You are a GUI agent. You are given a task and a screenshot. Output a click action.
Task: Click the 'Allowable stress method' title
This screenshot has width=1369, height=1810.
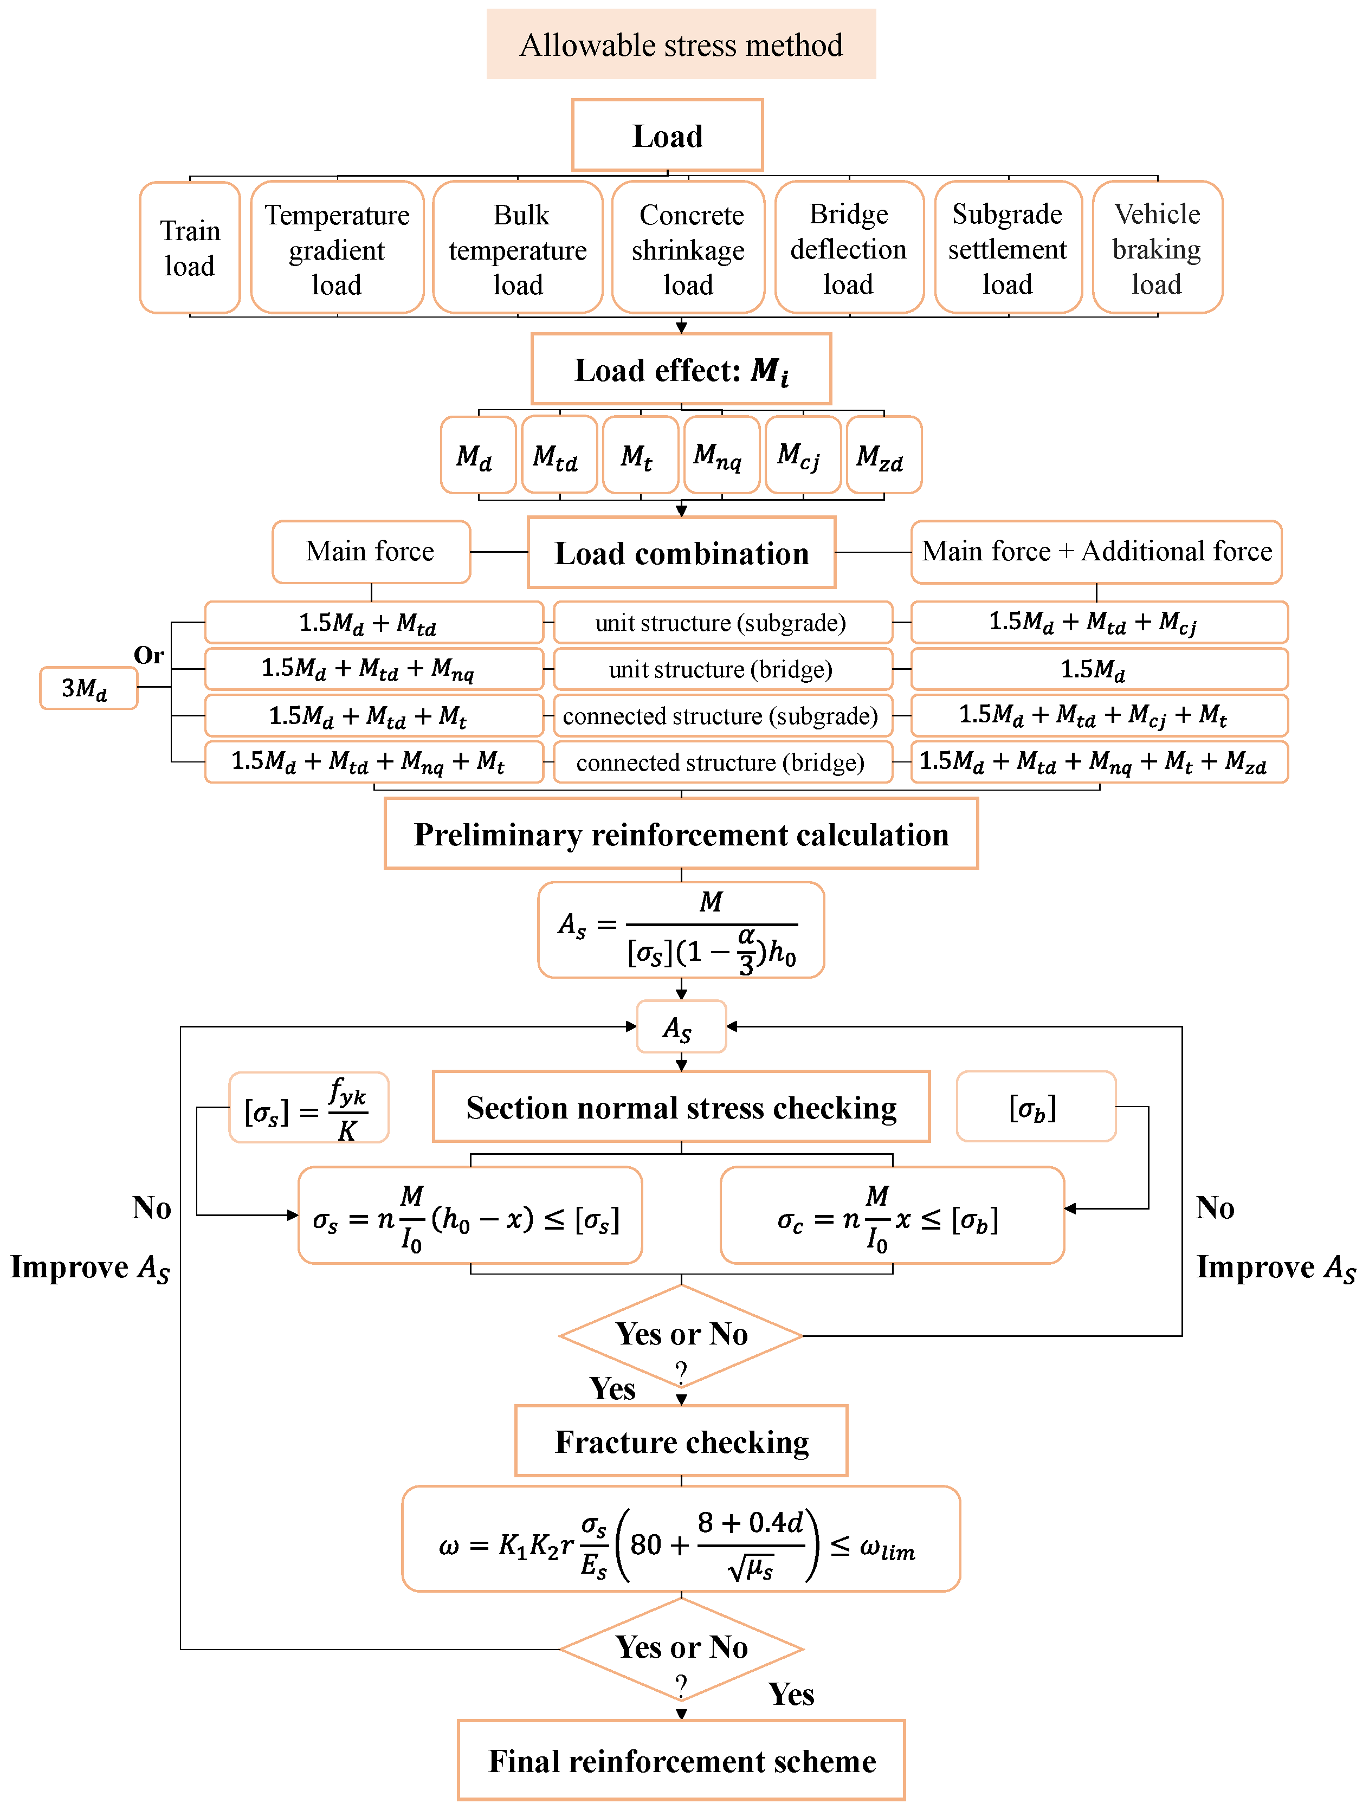tap(681, 45)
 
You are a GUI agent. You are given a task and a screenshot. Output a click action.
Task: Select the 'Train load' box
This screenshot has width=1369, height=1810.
tap(190, 248)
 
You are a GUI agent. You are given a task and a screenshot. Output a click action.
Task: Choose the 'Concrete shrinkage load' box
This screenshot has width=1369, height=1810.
tap(688, 248)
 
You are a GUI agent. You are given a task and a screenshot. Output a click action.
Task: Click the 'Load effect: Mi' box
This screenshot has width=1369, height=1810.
tap(681, 370)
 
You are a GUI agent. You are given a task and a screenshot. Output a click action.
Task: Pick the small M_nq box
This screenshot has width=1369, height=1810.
tap(721, 456)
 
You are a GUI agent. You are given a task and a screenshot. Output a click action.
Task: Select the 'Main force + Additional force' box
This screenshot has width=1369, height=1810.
tap(1096, 552)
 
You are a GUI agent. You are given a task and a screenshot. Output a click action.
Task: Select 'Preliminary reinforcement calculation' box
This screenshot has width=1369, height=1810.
tap(681, 834)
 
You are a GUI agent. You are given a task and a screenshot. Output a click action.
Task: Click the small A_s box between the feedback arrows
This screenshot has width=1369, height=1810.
tap(681, 1027)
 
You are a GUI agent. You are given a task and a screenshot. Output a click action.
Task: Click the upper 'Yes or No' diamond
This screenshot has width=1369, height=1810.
tap(681, 1335)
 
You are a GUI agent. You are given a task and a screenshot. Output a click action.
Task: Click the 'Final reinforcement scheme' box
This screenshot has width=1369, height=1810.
tap(681, 1760)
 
